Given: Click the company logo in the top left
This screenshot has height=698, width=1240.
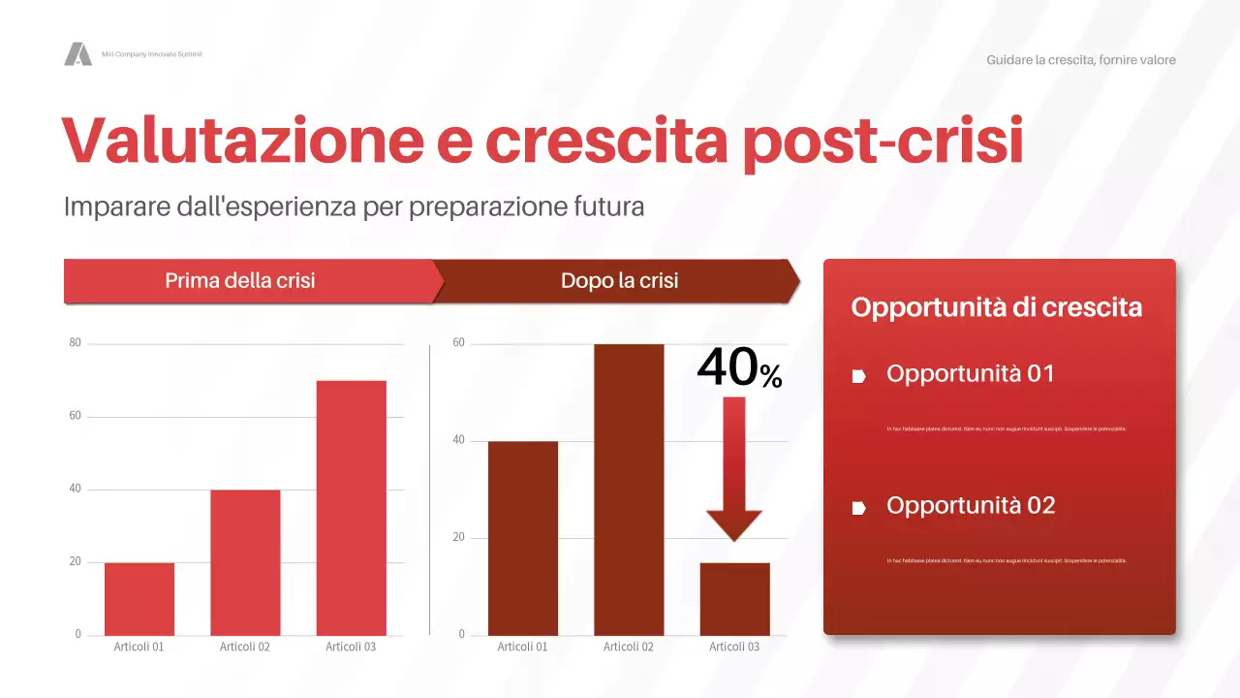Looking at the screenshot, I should (77, 54).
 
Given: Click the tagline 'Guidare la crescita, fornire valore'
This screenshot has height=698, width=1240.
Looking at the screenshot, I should (1080, 60).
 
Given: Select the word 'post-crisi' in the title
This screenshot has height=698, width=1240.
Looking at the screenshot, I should (883, 141).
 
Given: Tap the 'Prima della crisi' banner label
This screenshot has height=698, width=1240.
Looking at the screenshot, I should (240, 281).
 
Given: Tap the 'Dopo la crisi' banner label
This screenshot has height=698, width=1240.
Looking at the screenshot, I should (619, 281).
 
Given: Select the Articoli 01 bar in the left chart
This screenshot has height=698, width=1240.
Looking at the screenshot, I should (139, 599).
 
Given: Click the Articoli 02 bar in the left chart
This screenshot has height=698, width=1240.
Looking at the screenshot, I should (245, 562).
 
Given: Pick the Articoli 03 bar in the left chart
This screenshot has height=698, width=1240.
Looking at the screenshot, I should (351, 508).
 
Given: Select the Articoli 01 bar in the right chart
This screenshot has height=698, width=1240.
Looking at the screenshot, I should (523, 538).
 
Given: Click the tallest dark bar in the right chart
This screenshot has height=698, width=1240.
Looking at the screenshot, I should (629, 490).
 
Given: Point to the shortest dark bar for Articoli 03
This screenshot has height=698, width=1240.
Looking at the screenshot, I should (734, 599).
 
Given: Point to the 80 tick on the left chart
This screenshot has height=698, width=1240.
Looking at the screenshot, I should (75, 343).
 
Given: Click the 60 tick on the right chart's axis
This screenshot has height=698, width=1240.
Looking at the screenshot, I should (459, 343).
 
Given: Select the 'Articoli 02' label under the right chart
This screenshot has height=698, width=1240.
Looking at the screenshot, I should (629, 647).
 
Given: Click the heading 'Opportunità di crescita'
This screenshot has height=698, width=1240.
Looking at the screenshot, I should (996, 307).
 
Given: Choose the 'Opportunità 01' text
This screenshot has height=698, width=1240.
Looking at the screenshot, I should (970, 373).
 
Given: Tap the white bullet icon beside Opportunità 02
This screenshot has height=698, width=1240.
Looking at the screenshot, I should (858, 507).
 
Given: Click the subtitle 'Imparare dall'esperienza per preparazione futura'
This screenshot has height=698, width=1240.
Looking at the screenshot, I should (354, 206).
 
